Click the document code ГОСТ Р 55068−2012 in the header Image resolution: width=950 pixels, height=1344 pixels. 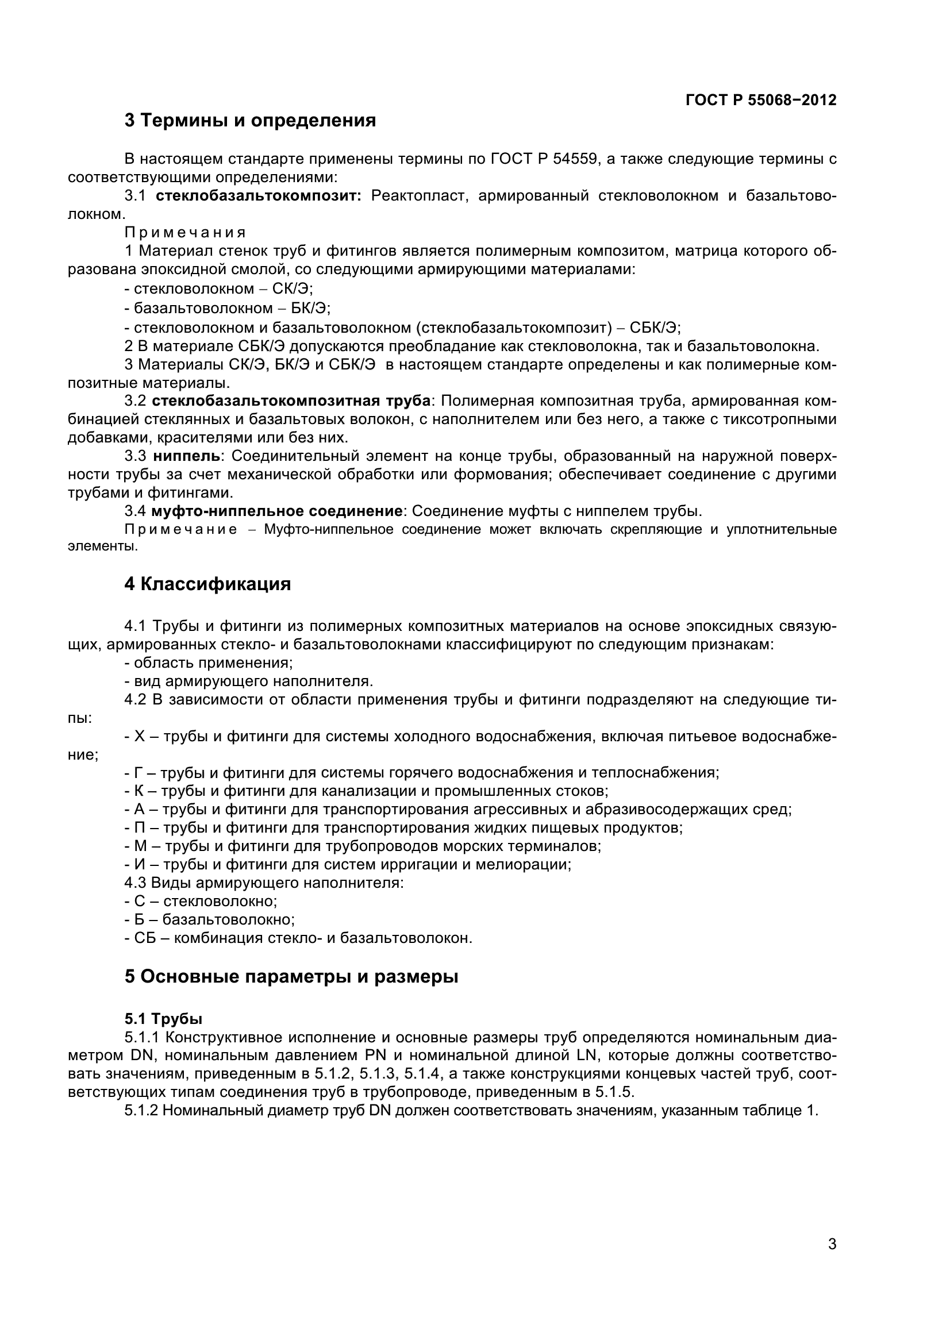760,100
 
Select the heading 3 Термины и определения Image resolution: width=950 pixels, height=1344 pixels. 250,121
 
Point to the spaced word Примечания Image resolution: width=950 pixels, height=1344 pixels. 185,233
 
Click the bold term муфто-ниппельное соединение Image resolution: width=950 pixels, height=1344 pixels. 276,511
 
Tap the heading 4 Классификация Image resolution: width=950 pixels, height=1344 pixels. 207,584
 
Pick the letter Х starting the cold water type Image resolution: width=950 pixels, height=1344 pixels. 139,737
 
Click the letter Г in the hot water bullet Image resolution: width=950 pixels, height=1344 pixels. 138,773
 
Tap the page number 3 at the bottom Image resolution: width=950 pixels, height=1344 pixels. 832,1261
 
